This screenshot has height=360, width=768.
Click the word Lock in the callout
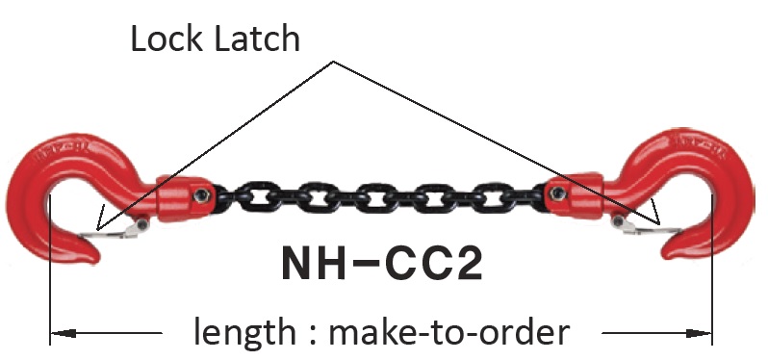[x=166, y=39]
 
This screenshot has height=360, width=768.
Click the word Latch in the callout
[x=258, y=39]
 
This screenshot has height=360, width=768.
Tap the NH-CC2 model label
[x=382, y=263]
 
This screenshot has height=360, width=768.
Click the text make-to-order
[x=449, y=332]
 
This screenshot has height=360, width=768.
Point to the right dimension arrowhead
[x=699, y=334]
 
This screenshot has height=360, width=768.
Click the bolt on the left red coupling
[x=200, y=196]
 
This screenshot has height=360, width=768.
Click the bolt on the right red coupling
[x=557, y=194]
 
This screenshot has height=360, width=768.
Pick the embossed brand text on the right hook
[x=698, y=144]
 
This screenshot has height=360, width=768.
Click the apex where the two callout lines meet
[x=333, y=62]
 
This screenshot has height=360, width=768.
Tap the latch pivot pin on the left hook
[x=142, y=224]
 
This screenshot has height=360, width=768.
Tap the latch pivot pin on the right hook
[x=618, y=221]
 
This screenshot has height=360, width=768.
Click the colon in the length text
[x=312, y=334]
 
